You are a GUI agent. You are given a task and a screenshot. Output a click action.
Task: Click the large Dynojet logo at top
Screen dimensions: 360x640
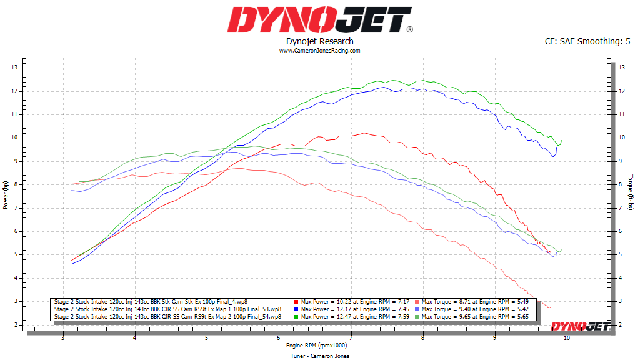319,19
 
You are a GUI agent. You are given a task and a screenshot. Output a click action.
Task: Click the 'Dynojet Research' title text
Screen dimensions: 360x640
319,41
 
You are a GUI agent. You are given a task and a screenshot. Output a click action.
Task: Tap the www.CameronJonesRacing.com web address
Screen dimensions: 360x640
319,51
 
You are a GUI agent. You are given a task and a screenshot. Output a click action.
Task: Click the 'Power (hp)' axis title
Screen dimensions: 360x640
6,195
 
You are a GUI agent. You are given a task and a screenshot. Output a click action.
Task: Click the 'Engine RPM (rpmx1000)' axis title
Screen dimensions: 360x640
317,345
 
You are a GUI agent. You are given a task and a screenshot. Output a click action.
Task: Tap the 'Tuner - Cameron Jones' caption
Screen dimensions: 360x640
319,356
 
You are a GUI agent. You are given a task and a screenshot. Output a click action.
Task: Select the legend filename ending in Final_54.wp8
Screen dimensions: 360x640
167,317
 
